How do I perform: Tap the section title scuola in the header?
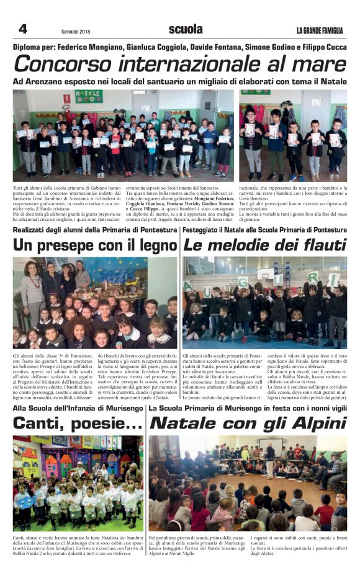[186, 29]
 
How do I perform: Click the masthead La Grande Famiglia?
[319, 31]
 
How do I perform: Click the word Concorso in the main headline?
[65, 64]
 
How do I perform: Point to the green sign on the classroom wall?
[89, 96]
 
